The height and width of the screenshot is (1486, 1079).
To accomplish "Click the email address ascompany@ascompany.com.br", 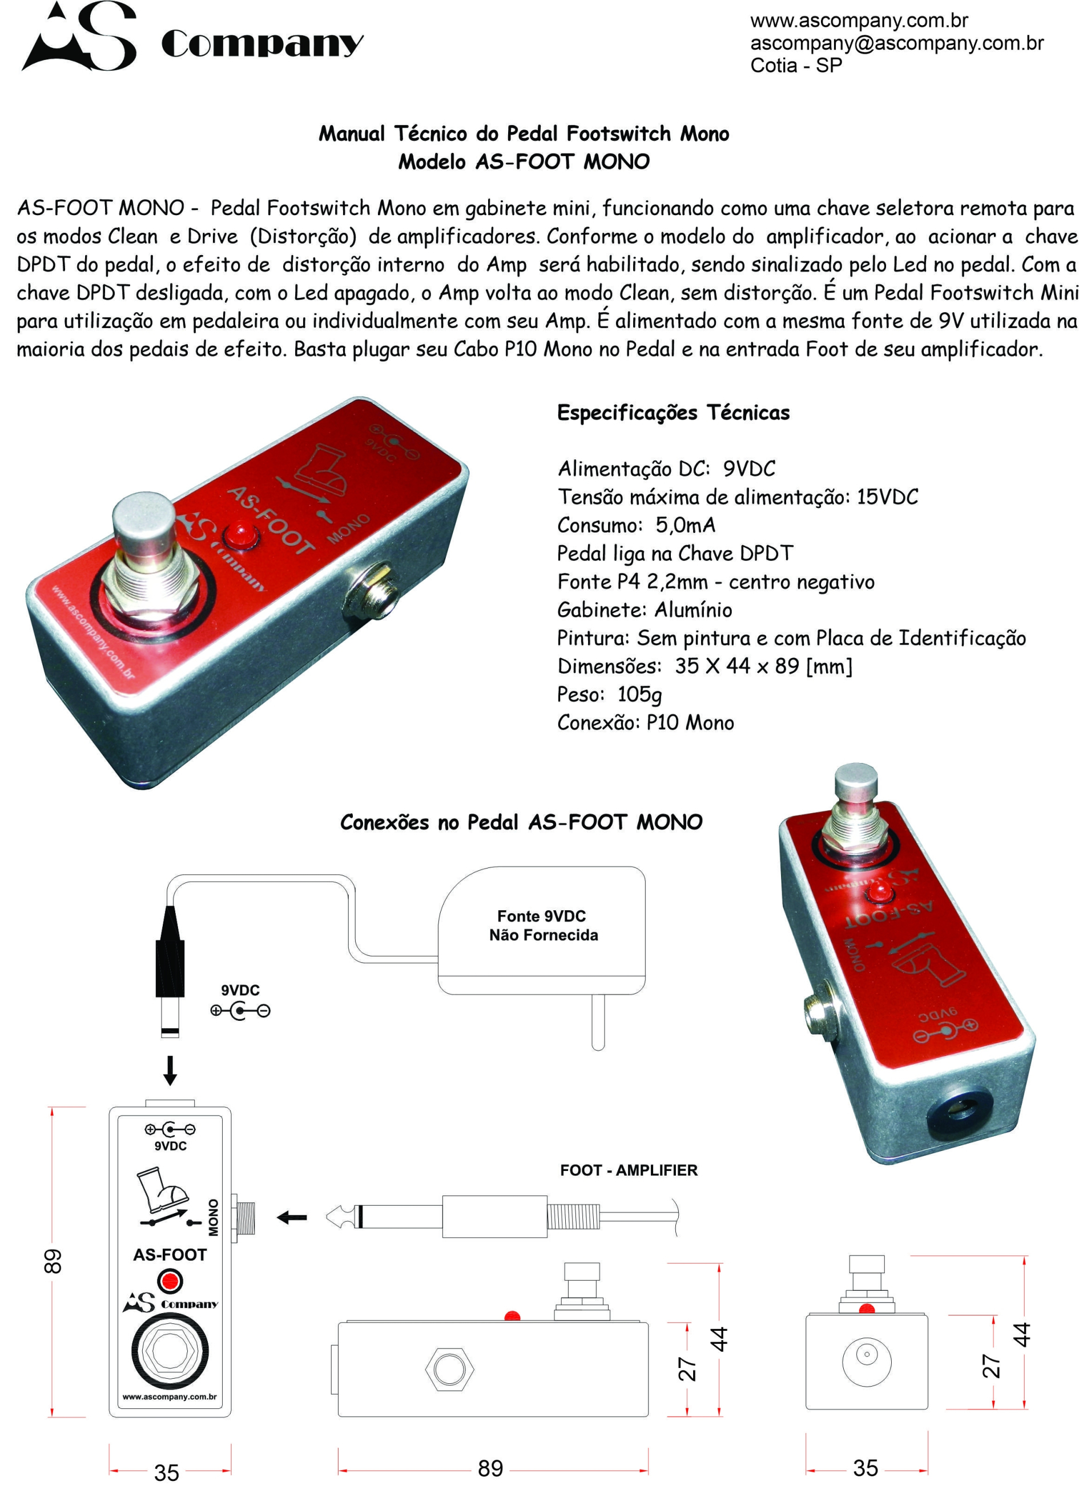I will pyautogui.click(x=897, y=43).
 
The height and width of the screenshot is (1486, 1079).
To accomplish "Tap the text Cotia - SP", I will pyautogui.click(x=796, y=66).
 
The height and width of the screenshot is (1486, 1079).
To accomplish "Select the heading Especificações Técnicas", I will pyautogui.click(x=673, y=413).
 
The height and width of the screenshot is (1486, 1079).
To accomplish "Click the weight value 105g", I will pyautogui.click(x=639, y=694).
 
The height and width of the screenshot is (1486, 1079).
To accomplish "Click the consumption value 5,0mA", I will pyautogui.click(x=686, y=526).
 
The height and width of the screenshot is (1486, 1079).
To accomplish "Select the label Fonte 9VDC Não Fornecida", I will pyautogui.click(x=543, y=925).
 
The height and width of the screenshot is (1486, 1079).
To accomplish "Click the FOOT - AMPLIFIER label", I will pyautogui.click(x=628, y=1170).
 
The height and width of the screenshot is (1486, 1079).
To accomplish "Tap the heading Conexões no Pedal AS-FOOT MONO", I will pyautogui.click(x=521, y=822).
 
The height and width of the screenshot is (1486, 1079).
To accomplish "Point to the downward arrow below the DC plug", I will pyautogui.click(x=170, y=1070).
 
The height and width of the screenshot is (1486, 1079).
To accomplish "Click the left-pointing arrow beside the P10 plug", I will pyautogui.click(x=292, y=1217).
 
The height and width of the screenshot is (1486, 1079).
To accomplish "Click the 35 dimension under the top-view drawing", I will pyautogui.click(x=167, y=1472).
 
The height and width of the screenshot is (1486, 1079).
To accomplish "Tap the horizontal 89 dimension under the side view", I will pyautogui.click(x=490, y=1468).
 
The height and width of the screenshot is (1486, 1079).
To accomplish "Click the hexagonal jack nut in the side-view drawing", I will pyautogui.click(x=450, y=1368).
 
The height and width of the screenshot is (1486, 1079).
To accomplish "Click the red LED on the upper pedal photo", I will pyautogui.click(x=240, y=535).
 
